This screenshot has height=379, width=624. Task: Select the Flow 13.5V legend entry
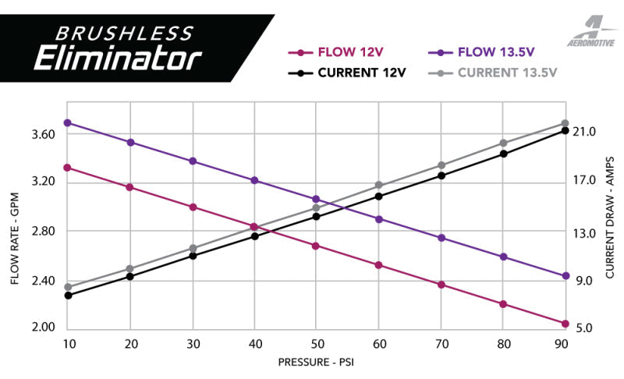click(484, 54)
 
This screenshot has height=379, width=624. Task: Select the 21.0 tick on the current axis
click(585, 133)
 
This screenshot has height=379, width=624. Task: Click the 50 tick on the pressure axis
click(316, 344)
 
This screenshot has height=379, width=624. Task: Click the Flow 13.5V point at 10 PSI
click(68, 122)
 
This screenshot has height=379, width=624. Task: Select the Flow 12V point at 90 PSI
click(565, 324)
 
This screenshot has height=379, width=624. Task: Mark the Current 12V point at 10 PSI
click(68, 296)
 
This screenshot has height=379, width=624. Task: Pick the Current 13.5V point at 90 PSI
click(565, 123)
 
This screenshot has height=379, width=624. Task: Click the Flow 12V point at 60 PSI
click(378, 265)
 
